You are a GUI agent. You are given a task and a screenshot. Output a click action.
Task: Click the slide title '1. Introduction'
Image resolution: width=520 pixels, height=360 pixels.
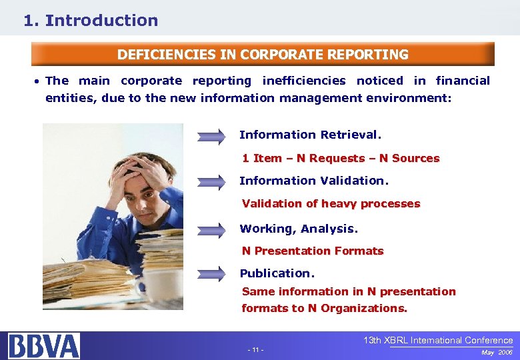(x=91, y=21)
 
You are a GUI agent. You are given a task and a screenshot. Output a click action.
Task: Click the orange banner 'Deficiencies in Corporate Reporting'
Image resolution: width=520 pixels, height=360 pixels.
(x=263, y=54)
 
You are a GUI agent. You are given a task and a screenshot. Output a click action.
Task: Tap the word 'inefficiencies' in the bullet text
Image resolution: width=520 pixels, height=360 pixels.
(x=304, y=81)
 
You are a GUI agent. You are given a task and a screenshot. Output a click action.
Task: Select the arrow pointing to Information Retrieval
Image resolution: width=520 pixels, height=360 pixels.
(x=212, y=137)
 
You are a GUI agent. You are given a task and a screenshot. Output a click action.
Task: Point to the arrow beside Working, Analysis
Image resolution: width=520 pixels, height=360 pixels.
(x=212, y=230)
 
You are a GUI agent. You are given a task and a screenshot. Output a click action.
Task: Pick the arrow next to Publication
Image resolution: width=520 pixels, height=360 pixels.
(x=212, y=274)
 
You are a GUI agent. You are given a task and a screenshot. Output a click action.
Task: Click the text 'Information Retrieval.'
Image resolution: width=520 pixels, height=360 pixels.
(x=310, y=135)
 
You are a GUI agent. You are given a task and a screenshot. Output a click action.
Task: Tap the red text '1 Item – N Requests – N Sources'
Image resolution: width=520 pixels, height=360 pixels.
(x=340, y=158)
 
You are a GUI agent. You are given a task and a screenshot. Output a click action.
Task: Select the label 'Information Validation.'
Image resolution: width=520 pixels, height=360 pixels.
(x=313, y=181)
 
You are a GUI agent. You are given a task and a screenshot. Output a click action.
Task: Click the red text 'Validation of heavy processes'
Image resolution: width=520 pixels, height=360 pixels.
(x=331, y=203)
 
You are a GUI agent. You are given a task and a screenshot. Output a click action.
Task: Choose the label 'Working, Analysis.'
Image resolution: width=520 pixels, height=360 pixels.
(x=299, y=229)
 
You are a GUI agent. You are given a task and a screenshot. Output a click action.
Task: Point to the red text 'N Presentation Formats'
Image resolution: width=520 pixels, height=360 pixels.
(x=312, y=251)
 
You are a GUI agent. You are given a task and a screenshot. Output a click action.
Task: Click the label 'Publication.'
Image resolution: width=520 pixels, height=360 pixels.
(x=277, y=273)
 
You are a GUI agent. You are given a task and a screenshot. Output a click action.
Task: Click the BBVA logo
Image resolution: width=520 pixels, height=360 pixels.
(x=44, y=345)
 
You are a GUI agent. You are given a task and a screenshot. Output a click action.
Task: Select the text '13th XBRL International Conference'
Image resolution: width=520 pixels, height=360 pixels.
(x=437, y=341)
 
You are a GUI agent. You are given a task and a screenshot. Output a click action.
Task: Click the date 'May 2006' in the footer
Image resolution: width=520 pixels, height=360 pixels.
(x=497, y=352)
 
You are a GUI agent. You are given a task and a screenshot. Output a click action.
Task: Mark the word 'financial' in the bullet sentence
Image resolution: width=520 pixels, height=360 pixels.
(x=462, y=81)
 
